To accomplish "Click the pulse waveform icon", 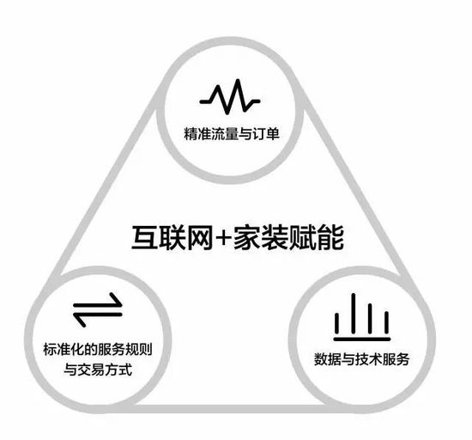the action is point(230,97).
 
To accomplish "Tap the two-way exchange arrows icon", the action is point(98,309).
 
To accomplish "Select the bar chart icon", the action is point(362,317).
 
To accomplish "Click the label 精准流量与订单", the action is point(232,133).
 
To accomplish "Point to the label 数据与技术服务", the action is point(361,359).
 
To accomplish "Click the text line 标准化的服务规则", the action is point(98,349).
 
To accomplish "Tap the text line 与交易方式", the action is point(98,370).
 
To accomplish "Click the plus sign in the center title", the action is point(223,238).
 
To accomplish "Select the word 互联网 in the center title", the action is point(172,237).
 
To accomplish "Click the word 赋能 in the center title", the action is point(316,237).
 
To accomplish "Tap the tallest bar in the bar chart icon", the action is point(354,313).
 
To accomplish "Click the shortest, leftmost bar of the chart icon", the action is point(337,323).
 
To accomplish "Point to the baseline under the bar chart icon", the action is point(362,339).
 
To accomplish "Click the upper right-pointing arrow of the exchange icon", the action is point(98,304).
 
